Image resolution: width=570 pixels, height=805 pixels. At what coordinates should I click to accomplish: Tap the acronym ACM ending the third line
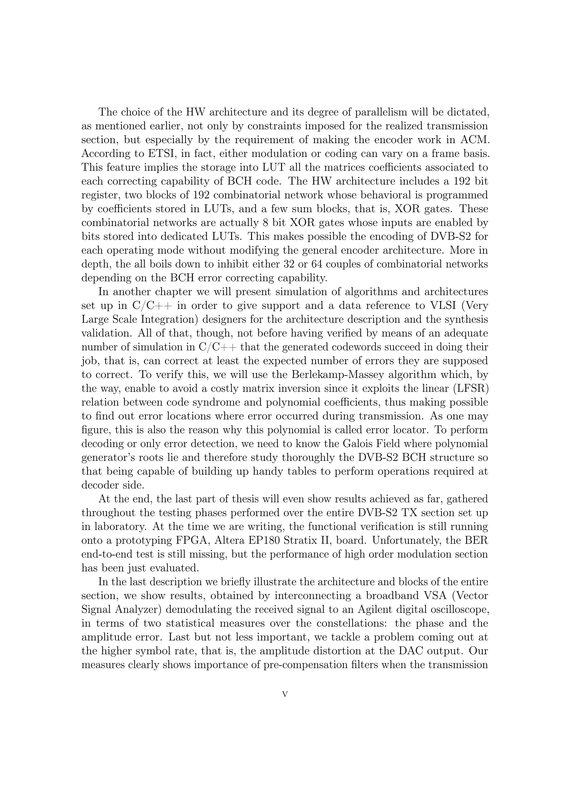tap(474, 140)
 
